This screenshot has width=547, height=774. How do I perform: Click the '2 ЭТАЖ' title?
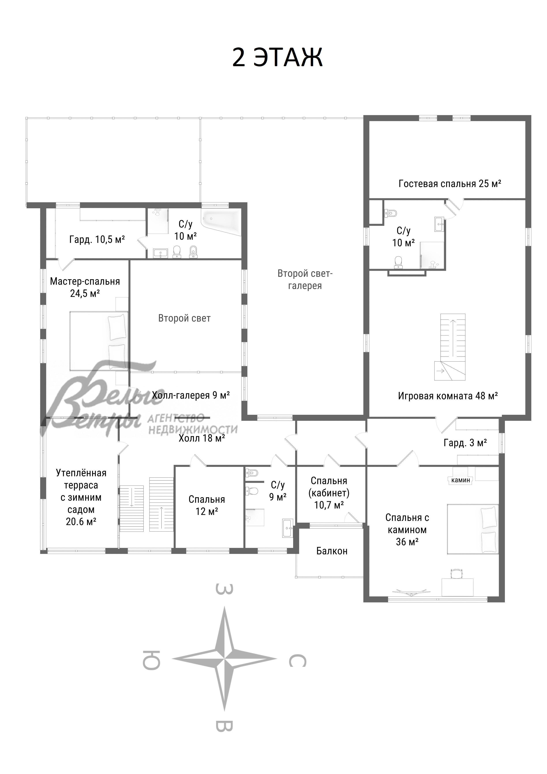(277, 57)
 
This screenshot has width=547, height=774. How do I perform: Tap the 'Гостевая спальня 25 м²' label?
(450, 184)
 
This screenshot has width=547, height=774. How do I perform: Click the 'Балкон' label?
(332, 551)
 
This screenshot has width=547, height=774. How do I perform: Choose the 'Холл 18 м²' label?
(202, 438)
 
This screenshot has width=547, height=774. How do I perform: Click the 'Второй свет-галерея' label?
(305, 280)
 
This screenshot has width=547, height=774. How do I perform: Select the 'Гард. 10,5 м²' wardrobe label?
(97, 239)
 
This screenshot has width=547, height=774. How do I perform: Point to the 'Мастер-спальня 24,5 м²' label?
(85, 287)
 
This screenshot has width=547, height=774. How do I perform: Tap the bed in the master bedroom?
(99, 341)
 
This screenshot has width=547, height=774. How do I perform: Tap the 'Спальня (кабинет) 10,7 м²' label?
(329, 493)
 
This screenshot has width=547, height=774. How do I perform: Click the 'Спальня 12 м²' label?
(207, 505)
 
